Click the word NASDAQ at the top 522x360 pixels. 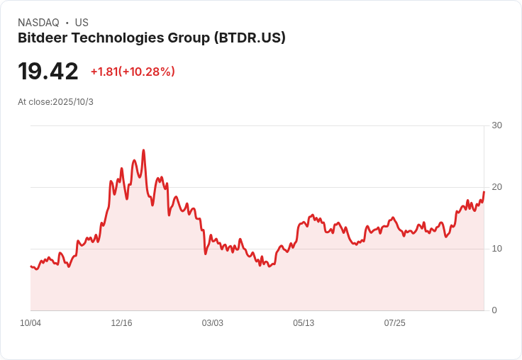point(38,23)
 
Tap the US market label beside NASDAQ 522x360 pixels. point(82,23)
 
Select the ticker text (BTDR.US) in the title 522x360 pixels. point(250,38)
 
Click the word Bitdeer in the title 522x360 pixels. point(42,38)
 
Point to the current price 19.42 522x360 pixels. point(48,72)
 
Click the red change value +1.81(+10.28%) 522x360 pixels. point(133,72)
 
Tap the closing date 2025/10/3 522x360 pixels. point(73,102)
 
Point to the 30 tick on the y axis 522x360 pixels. point(497,125)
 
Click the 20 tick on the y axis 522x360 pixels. point(497,187)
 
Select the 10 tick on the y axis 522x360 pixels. point(497,249)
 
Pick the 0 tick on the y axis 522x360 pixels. point(494,310)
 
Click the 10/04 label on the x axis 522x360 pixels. point(30,323)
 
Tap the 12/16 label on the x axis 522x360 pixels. point(121,323)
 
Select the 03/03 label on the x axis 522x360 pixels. point(212,323)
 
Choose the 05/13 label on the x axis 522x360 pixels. point(304,323)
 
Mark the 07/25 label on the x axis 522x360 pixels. point(394,323)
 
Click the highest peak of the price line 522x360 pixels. point(143,150)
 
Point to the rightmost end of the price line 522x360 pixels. point(484,192)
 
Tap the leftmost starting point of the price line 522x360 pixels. point(30,266)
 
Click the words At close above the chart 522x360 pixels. point(34,102)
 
